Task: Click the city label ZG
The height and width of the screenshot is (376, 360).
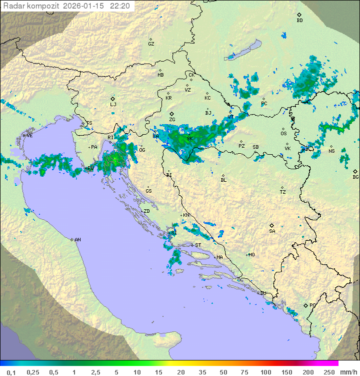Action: (172, 120)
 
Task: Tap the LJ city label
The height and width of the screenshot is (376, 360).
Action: (113, 105)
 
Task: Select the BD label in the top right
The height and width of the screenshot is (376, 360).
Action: (299, 21)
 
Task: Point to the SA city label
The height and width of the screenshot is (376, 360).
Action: (272, 231)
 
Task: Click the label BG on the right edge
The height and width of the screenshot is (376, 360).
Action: (355, 177)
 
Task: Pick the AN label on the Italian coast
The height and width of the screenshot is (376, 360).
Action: (77, 240)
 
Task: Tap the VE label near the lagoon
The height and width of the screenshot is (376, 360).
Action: (29, 136)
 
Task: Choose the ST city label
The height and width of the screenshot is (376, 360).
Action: (198, 245)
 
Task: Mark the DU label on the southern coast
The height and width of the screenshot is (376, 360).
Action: (262, 293)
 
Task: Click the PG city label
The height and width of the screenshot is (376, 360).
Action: (312, 305)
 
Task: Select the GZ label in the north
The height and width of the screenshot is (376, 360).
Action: (151, 44)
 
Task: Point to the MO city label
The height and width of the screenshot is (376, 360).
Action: (251, 255)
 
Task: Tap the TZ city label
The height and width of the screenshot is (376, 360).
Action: (283, 192)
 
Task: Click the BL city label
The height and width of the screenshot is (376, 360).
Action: (223, 180)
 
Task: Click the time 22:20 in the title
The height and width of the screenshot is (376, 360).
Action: (120, 6)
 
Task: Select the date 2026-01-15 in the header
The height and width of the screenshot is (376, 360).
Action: (84, 6)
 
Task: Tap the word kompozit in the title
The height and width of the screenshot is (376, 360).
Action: (44, 6)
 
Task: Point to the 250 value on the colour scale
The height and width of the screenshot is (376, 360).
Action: (329, 372)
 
